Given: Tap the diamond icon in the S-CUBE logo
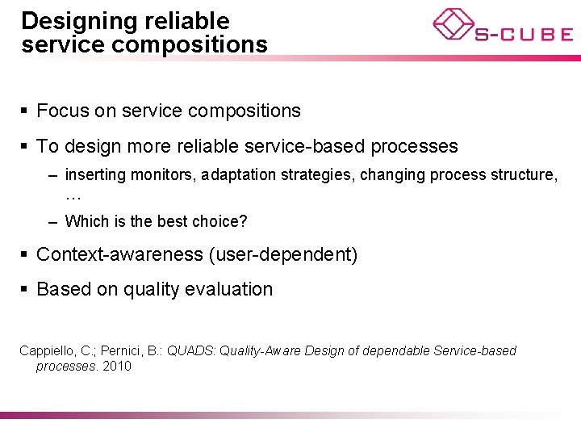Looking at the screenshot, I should click(453, 23).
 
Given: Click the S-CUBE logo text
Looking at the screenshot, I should click(524, 34).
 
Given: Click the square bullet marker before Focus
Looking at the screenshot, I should click(26, 111).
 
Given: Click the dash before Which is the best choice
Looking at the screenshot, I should click(52, 221).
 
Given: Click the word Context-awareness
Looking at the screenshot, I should click(119, 254).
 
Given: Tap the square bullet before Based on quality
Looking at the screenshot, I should click(26, 289).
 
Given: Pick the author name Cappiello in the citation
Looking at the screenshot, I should click(47, 350).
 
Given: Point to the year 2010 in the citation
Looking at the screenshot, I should click(117, 366).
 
